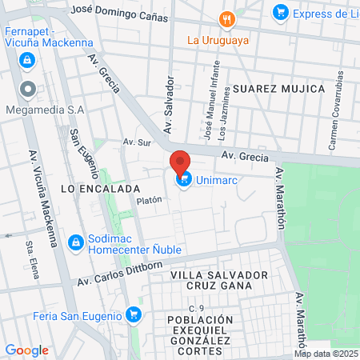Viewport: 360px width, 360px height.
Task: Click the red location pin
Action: click(180, 162)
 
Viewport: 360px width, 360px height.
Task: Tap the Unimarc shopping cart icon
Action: click(185, 179)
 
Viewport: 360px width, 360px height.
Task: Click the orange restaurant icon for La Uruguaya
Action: click(228, 20)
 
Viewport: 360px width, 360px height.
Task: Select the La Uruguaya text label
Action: click(218, 39)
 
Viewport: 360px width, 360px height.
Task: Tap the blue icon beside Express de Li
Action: click(280, 12)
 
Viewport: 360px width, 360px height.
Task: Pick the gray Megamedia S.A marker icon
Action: click(28, 88)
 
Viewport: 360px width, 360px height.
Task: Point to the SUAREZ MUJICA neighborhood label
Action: click(279, 88)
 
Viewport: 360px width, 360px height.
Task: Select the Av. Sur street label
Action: click(137, 142)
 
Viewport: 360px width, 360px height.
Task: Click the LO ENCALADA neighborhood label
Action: click(89, 188)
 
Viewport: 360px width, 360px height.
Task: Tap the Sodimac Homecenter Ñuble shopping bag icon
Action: click(76, 242)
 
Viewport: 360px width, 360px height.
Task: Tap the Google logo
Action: click(26, 350)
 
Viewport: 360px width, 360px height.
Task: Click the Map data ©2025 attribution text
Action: click(326, 354)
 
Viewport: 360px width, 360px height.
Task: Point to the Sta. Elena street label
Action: click(33, 256)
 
